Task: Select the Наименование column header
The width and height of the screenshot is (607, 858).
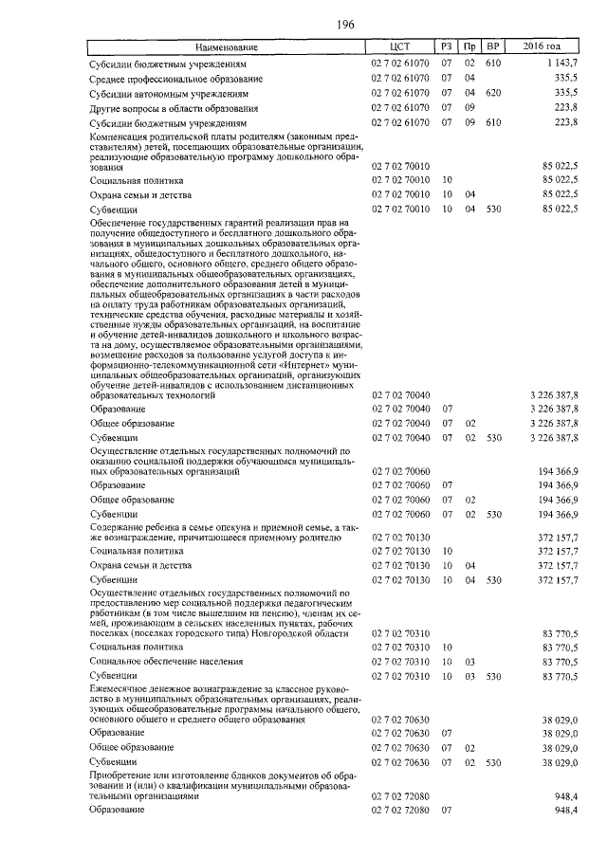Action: pyautogui.click(x=227, y=46)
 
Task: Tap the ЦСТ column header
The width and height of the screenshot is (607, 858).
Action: pyautogui.click(x=398, y=46)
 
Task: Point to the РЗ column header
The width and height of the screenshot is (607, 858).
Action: pyautogui.click(x=446, y=46)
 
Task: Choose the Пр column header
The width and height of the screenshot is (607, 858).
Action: pyautogui.click(x=469, y=46)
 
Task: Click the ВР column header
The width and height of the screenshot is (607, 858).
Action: pyautogui.click(x=491, y=46)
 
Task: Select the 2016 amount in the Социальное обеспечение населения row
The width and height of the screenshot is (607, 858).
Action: pyautogui.click(x=560, y=660)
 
